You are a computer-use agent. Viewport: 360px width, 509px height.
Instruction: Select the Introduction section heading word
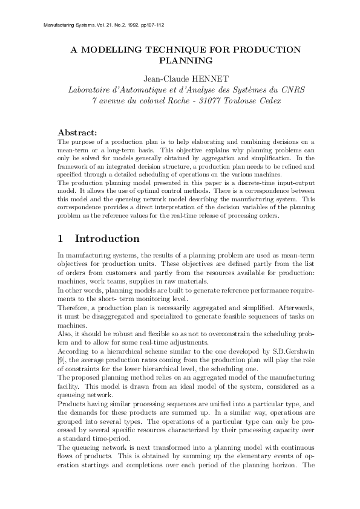click(107, 238)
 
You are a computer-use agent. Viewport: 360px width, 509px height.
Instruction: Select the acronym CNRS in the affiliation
click(292, 89)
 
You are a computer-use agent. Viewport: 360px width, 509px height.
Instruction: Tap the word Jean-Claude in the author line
click(165, 78)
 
